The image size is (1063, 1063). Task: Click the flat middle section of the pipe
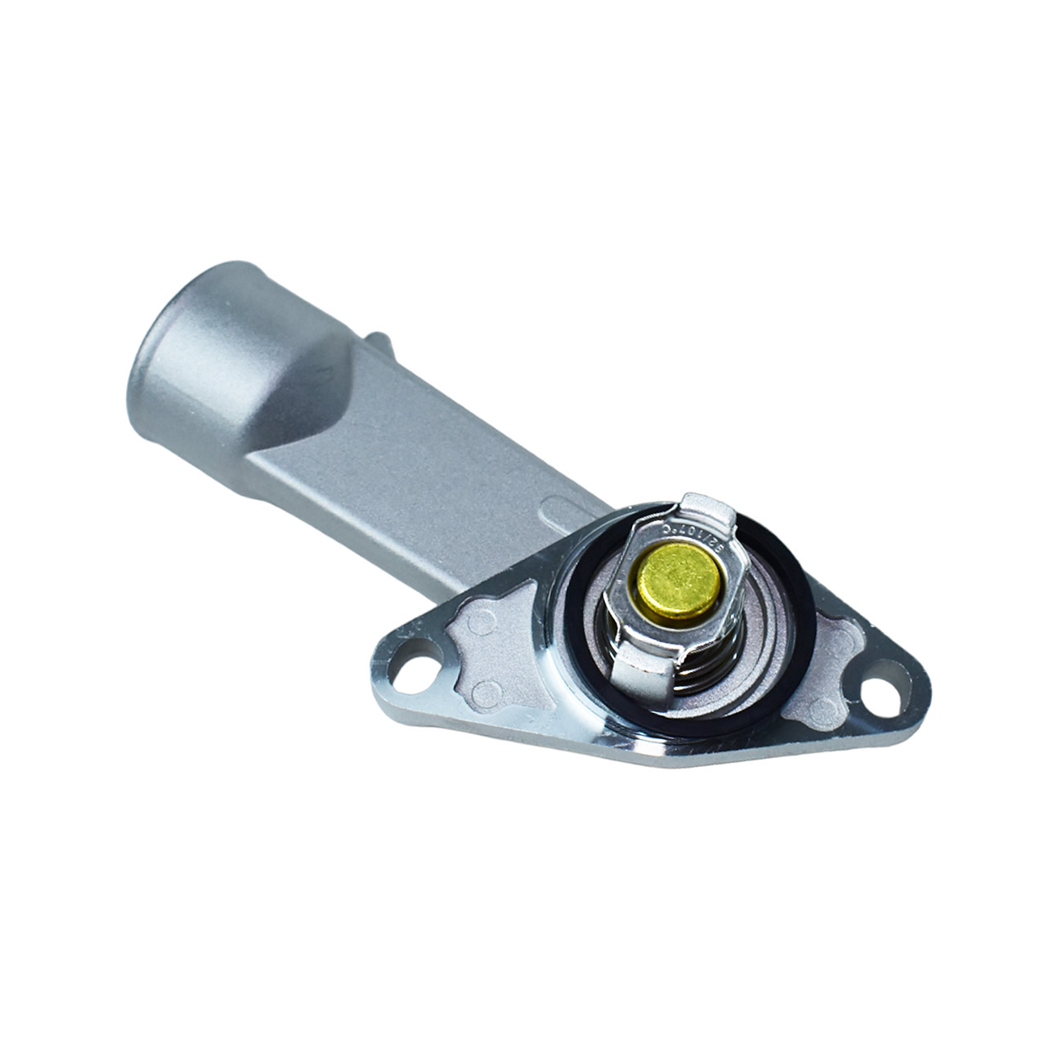[425, 474]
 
